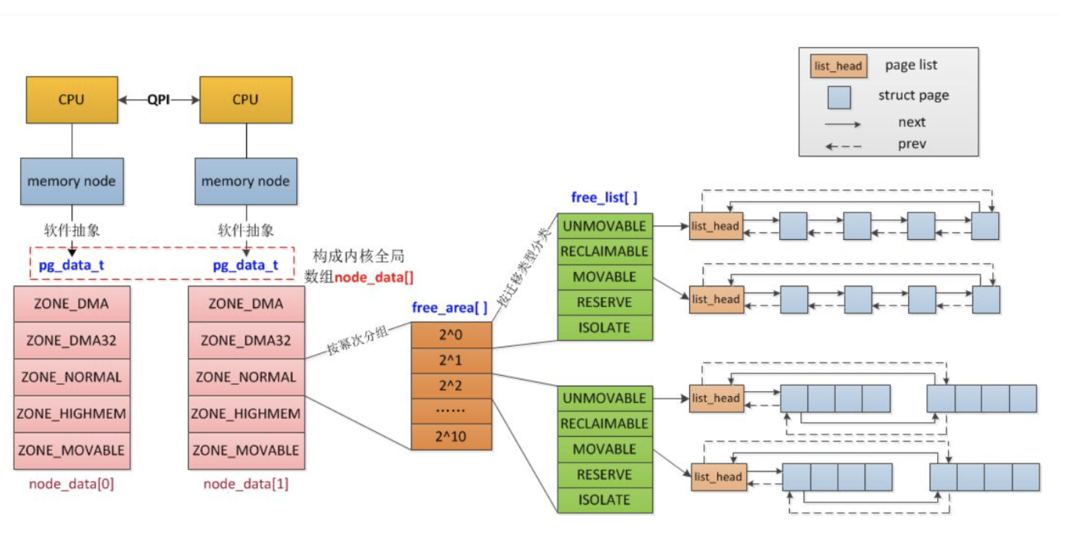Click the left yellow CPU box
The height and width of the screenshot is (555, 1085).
(x=72, y=99)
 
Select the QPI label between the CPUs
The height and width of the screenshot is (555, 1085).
(x=159, y=99)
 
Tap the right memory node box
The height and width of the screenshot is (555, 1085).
(x=246, y=181)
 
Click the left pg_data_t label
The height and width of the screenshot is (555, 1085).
(x=71, y=265)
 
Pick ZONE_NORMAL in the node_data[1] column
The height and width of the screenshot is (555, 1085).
(x=246, y=377)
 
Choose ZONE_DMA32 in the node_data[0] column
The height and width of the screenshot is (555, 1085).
(x=72, y=341)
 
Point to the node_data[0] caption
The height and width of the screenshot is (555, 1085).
(x=71, y=484)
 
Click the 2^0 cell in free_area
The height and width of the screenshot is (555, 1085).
(x=451, y=335)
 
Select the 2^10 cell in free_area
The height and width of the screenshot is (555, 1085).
(x=451, y=437)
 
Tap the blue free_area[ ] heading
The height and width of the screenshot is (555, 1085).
(x=449, y=308)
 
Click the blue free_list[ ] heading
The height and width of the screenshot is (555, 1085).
(x=604, y=198)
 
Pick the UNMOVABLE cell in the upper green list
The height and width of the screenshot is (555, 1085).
(x=604, y=226)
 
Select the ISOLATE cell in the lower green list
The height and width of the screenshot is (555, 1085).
(x=604, y=500)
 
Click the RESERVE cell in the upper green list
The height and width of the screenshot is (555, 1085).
(x=604, y=302)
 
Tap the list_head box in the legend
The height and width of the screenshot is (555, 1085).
(x=838, y=66)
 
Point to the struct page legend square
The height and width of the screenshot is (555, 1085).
(x=839, y=97)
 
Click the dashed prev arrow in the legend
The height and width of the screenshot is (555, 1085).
(x=843, y=146)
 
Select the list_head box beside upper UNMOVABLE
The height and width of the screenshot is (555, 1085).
(x=716, y=226)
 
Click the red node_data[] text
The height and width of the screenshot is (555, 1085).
(x=374, y=277)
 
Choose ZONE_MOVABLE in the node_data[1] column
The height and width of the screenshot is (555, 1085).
(x=246, y=450)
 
